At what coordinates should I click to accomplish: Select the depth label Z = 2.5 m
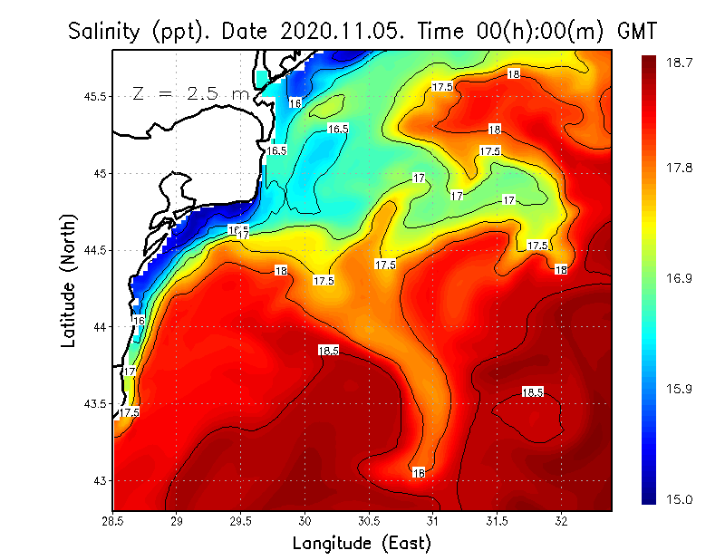pyautogui.click(x=189, y=93)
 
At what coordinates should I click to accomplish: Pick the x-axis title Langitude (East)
pyautogui.click(x=362, y=544)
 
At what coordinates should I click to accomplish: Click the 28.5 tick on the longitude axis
pyautogui.click(x=113, y=521)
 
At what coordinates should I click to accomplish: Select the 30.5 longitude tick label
pyautogui.click(x=369, y=521)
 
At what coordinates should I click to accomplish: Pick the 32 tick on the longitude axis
pyautogui.click(x=561, y=521)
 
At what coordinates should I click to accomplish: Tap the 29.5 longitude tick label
pyautogui.click(x=241, y=521)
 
